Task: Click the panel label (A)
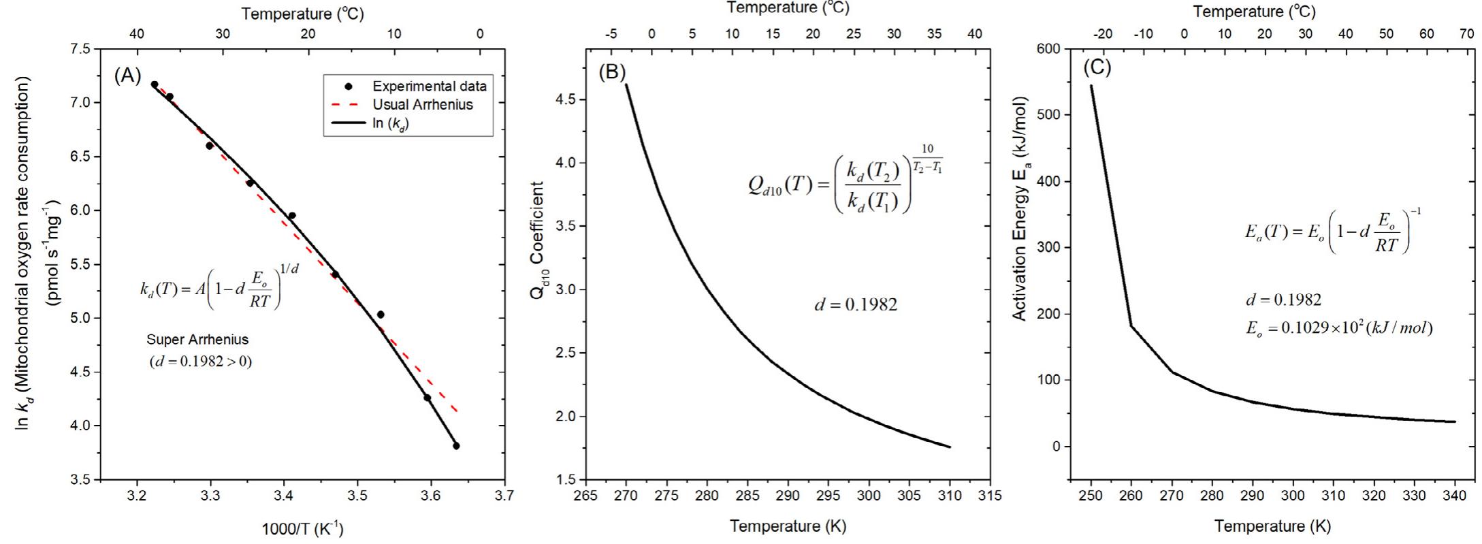tap(127, 76)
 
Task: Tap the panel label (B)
tap(611, 72)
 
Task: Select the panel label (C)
tap(1097, 67)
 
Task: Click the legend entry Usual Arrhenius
tap(422, 105)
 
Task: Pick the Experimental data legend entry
tap(429, 86)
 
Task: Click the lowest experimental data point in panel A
tap(456, 446)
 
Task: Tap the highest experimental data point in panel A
tap(155, 84)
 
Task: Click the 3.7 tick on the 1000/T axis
tap(504, 496)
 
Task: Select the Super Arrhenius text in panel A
tap(197, 339)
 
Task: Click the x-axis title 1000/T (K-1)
tap(302, 529)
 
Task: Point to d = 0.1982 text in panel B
tap(856, 304)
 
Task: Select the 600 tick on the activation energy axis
tap(1049, 49)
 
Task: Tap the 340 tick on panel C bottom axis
tap(1455, 496)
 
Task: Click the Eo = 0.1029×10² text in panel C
tap(1338, 327)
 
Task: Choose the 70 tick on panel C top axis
tap(1467, 34)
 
